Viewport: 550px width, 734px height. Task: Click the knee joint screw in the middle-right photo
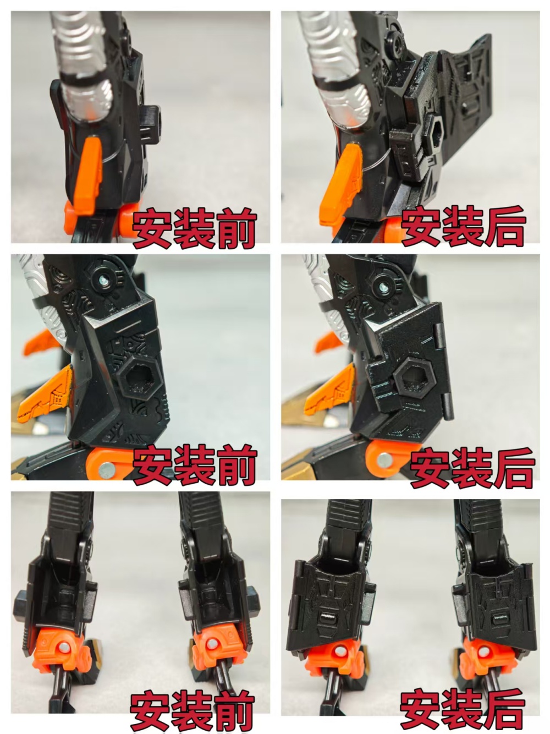tap(383, 285)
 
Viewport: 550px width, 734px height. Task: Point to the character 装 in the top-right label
tap(463, 226)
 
